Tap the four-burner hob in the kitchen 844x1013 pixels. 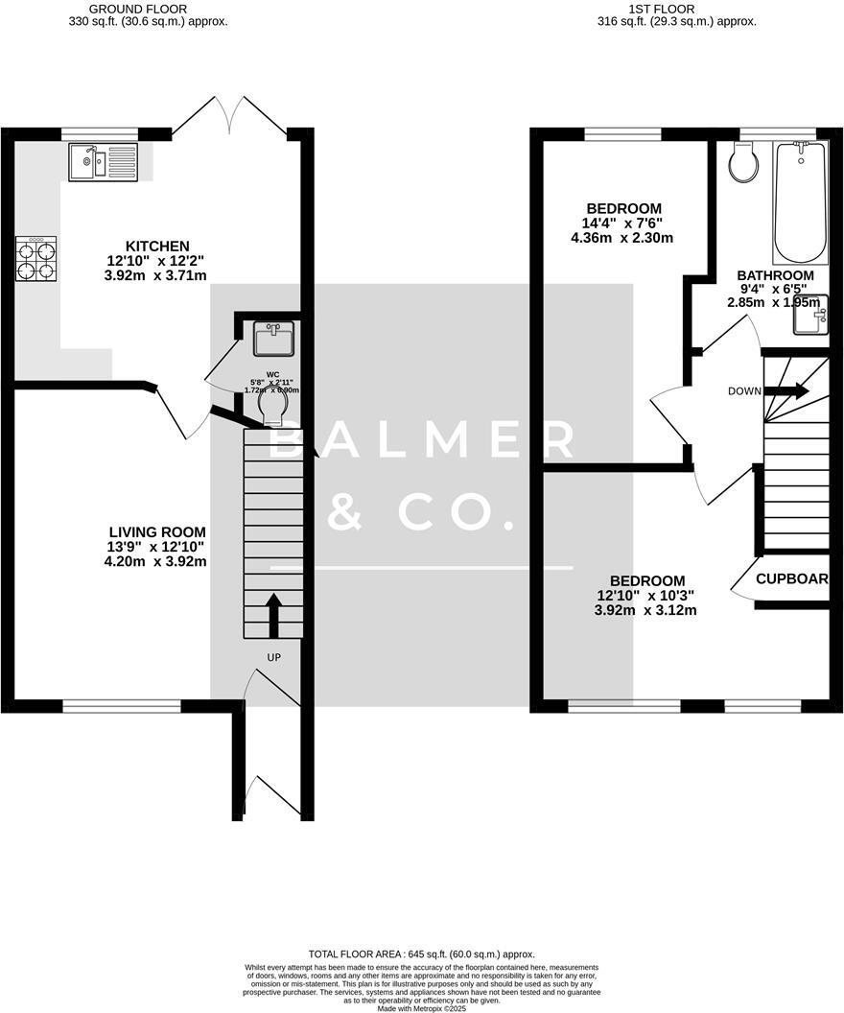coord(35,259)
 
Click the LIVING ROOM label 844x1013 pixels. coord(156,531)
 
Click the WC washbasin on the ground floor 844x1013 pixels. coord(273,339)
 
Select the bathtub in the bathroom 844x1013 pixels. coord(800,201)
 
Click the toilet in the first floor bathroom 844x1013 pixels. coord(742,163)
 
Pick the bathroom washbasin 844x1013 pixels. coord(810,314)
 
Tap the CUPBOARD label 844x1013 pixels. coord(799,579)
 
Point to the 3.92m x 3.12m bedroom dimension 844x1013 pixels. coord(645,610)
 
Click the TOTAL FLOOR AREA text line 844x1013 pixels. coord(421,954)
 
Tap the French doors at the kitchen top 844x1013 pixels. coord(230,114)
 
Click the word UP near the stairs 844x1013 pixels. coord(273,658)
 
